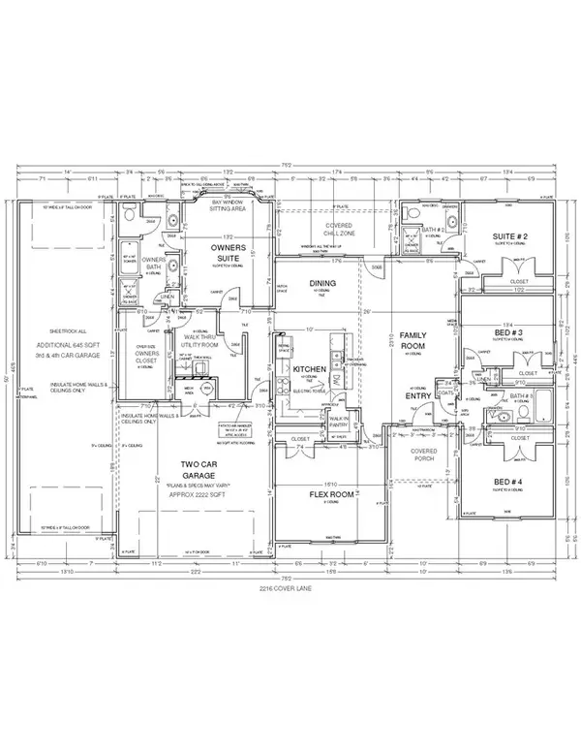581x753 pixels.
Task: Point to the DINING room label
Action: [x=321, y=283]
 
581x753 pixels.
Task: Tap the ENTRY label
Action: [x=416, y=395]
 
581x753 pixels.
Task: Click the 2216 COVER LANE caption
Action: [x=290, y=587]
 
